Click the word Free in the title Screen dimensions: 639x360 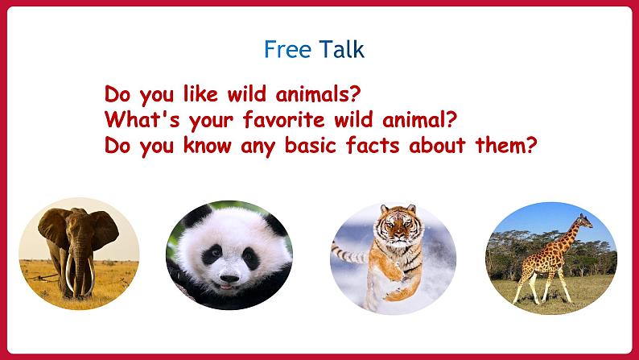point(288,49)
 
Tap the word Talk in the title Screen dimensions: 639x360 point(341,49)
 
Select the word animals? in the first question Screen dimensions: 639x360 point(318,94)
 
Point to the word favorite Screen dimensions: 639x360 point(283,120)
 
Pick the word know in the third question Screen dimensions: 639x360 point(208,145)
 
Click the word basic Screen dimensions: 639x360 point(311,145)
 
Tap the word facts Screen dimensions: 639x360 point(373,145)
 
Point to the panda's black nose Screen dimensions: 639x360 point(229,279)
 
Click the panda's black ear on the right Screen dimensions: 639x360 point(275,223)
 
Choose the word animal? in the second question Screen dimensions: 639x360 point(420,120)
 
